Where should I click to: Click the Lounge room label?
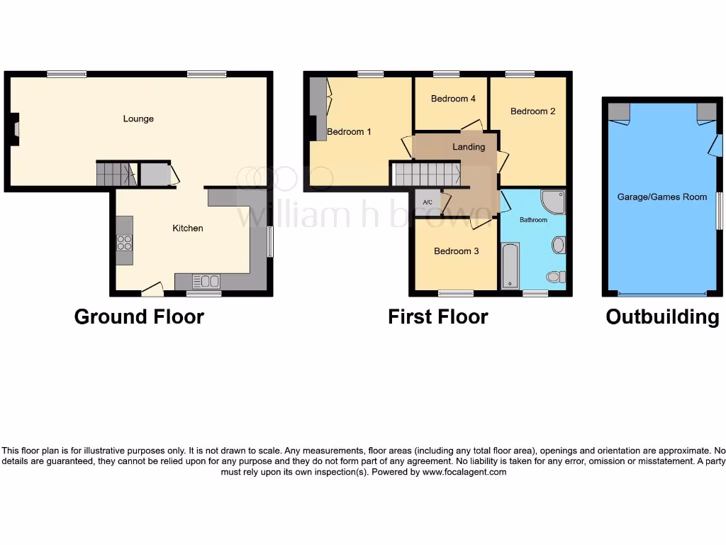(x=138, y=119)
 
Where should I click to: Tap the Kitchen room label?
(x=188, y=228)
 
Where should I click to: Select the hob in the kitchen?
(x=124, y=242)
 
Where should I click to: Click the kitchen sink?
(x=206, y=281)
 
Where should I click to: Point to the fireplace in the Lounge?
(x=15, y=132)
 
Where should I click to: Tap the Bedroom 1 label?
(x=349, y=131)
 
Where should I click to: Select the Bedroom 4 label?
(x=453, y=99)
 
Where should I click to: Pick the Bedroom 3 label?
(x=456, y=251)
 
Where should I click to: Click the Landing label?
(x=469, y=147)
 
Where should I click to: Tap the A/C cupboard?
(x=428, y=202)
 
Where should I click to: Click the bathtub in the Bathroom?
(x=510, y=266)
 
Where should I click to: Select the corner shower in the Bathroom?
(x=553, y=202)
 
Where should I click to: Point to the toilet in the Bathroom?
(x=554, y=276)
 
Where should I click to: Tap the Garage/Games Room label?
(x=661, y=197)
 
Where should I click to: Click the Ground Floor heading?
(x=139, y=316)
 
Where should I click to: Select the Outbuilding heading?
(x=662, y=316)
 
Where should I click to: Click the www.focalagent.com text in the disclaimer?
(x=464, y=472)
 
